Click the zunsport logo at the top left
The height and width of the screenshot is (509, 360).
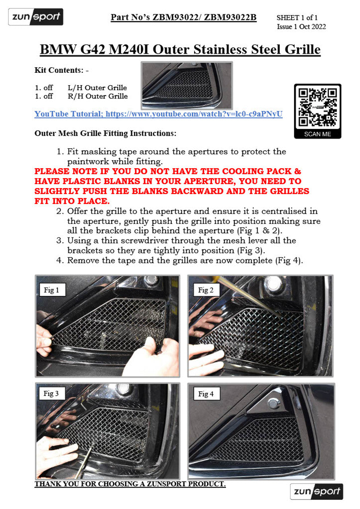36,17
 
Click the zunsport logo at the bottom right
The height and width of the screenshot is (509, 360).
316,492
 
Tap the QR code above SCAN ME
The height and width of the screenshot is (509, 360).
317,108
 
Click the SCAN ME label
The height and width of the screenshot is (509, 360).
317,134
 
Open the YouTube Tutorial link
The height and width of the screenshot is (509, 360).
158,114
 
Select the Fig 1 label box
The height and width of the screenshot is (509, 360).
53,290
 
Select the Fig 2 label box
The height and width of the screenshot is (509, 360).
206,290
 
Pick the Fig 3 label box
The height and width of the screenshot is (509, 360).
52,393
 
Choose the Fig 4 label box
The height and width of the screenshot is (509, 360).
207,394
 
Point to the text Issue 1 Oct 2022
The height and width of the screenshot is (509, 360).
301,27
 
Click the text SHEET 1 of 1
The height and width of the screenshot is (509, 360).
297,17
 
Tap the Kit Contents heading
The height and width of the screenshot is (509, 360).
61,70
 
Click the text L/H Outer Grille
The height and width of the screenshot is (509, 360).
97,88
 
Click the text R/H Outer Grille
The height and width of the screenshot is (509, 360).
98,96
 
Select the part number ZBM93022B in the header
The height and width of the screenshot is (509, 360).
230,17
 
